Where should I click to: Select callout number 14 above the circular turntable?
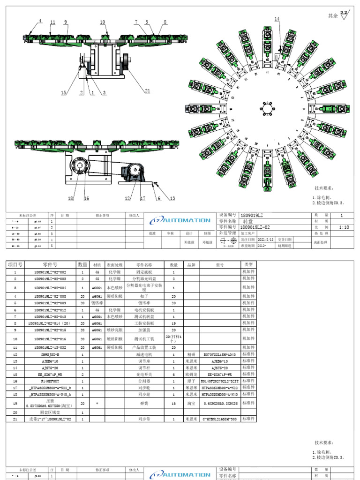pos(277,19)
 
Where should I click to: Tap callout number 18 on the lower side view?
pos(71,198)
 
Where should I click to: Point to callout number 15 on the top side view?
pos(64,93)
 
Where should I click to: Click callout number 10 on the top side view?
pos(103,22)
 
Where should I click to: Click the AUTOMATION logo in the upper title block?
pos(180,220)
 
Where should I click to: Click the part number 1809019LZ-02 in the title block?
pos(256,227)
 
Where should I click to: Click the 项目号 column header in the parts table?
pos(15,265)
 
